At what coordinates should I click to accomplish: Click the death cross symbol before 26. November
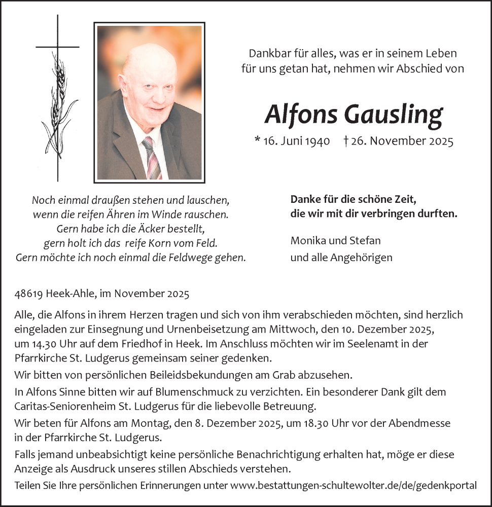(x=345, y=141)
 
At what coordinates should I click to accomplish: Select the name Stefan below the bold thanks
(x=367, y=240)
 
